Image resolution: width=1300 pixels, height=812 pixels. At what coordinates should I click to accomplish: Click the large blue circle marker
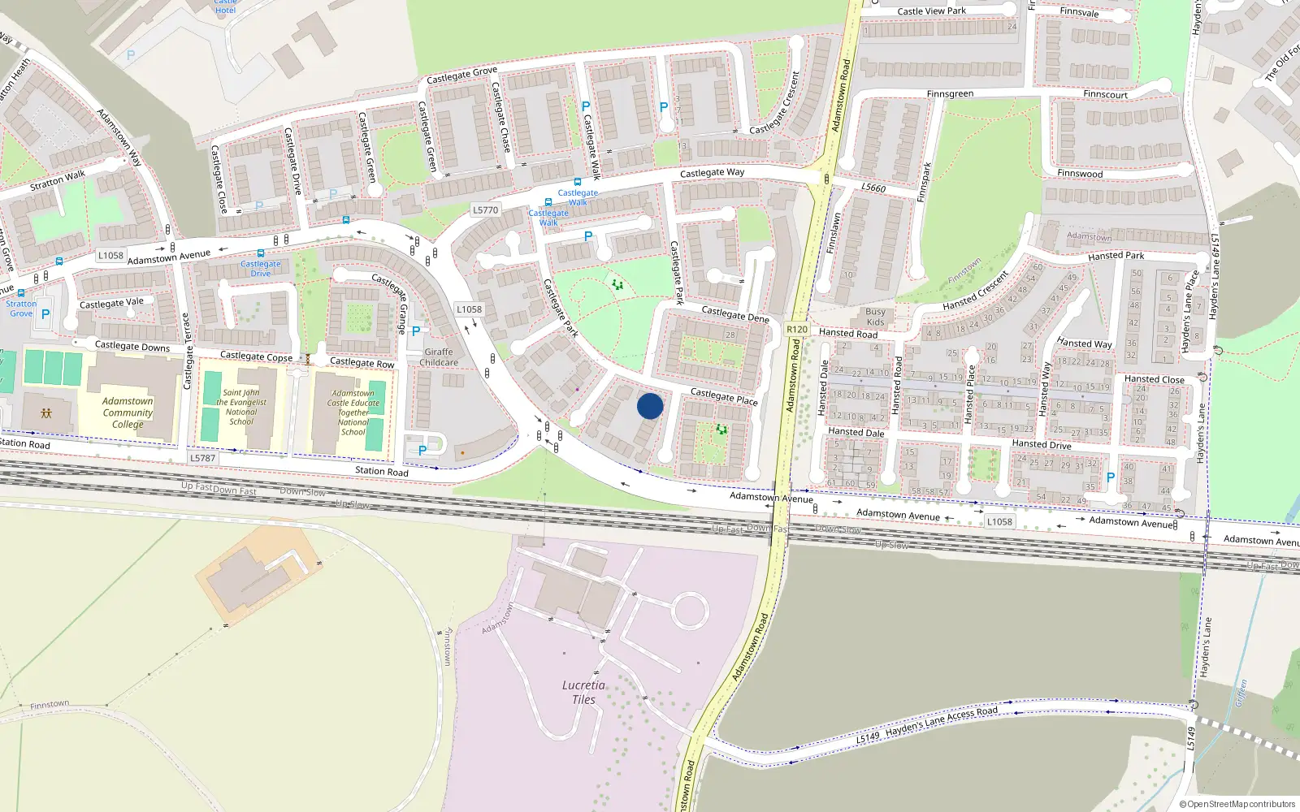click(650, 406)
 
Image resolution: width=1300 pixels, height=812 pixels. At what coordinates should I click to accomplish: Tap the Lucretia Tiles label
click(583, 693)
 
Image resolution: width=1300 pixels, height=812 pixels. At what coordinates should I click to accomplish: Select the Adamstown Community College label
click(128, 412)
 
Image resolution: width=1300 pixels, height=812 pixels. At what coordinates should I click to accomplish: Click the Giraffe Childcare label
click(439, 357)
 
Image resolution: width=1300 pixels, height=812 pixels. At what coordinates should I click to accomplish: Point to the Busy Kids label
click(875, 317)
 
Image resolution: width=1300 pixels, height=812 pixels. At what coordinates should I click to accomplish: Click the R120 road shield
click(797, 329)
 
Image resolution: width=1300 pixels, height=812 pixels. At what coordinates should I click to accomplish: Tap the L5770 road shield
click(485, 209)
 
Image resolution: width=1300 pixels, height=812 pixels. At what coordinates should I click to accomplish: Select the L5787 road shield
click(202, 458)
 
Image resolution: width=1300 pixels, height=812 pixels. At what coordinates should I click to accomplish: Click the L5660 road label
click(873, 188)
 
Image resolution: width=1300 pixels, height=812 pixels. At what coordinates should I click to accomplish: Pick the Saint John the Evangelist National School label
click(241, 407)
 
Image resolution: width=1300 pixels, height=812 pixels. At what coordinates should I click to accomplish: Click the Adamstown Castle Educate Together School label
click(353, 412)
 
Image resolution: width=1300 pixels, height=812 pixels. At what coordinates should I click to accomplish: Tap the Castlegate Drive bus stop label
click(260, 268)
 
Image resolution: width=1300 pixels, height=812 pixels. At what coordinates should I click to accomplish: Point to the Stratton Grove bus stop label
click(21, 309)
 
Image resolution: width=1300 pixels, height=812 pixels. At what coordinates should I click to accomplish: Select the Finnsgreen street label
click(950, 94)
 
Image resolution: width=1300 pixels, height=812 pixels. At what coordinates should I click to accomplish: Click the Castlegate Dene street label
click(734, 314)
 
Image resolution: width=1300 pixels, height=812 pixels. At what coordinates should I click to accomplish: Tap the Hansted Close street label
click(1154, 379)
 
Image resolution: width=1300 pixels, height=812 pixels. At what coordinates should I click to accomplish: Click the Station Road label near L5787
click(381, 471)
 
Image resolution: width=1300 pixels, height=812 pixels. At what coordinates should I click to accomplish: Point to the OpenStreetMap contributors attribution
click(1237, 804)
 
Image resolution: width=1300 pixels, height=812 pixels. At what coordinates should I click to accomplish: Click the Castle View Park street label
click(931, 11)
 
